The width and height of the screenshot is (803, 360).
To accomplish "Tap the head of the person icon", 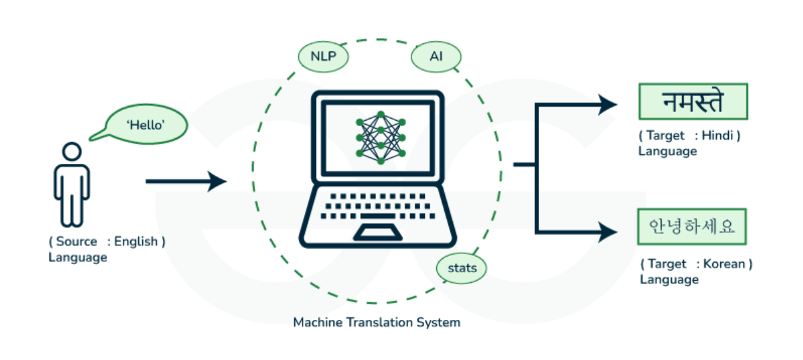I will point(71,152).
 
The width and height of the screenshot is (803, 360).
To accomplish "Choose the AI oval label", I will point(436,57).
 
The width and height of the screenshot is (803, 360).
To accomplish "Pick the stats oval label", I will point(462,269).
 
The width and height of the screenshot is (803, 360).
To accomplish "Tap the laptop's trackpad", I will point(377,232).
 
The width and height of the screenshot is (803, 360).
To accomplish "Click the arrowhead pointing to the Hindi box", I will point(609,104).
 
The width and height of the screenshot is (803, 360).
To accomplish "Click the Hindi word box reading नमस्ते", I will point(693,102).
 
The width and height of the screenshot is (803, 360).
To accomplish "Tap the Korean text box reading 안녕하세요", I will point(692,227).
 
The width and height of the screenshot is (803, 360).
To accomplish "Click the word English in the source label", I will point(136,241).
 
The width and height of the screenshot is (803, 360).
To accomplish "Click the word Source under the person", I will point(75,241).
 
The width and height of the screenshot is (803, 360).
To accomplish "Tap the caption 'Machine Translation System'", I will point(377,323).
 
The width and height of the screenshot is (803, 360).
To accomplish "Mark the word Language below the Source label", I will point(77,257).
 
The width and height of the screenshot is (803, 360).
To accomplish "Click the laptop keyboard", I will point(377,204).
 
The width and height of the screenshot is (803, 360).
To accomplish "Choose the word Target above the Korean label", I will point(667,264).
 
